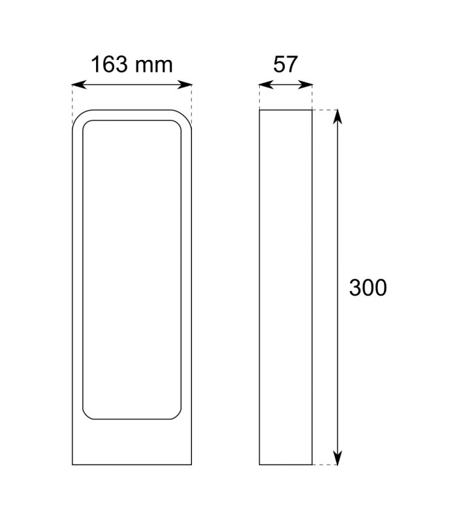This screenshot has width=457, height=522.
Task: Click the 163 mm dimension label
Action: (132, 65)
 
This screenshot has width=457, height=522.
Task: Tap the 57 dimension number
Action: (285, 65)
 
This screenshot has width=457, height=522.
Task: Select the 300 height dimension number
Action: (368, 287)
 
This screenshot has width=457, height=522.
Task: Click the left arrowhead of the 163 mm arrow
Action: (79, 85)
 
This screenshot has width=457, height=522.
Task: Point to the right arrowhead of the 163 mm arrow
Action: (185, 85)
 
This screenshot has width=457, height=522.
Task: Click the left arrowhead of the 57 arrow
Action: (266, 85)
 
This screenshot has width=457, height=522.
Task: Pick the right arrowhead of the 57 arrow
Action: (306, 85)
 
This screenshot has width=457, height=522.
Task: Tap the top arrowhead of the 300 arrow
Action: (338, 117)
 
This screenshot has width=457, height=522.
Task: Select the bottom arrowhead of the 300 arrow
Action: (338, 458)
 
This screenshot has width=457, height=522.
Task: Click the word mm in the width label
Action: (154, 66)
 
